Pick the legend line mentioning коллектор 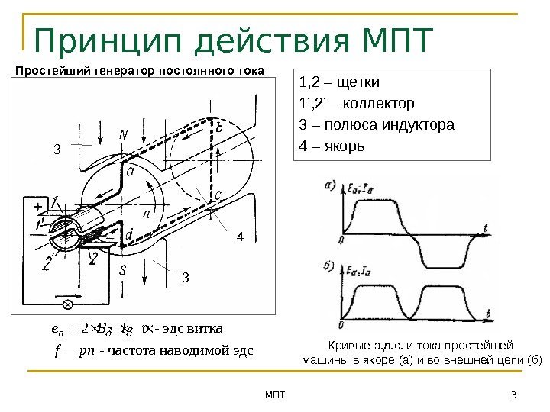tap(359, 104)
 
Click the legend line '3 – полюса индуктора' tap(378, 124)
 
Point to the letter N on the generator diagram tap(123, 135)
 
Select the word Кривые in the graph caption tap(345, 345)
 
